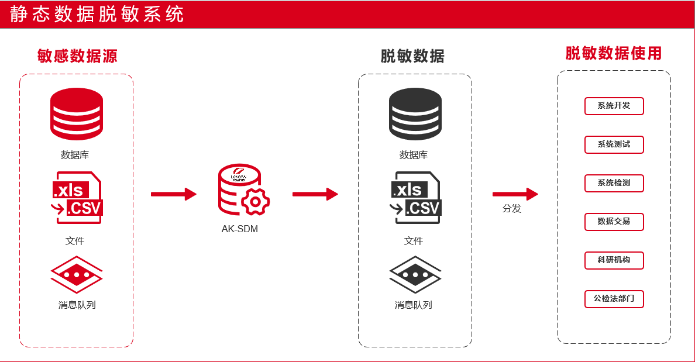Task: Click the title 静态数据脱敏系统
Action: [x=97, y=14]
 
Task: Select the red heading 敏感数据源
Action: [x=77, y=56]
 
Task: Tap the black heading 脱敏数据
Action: [x=412, y=56]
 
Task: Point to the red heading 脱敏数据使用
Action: [x=613, y=54]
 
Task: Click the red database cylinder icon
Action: [x=76, y=114]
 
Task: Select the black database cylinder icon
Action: [x=415, y=114]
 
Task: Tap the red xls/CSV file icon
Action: [x=77, y=198]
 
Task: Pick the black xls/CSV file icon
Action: [x=415, y=198]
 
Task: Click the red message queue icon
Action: [x=76, y=274]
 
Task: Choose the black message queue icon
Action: [x=415, y=274]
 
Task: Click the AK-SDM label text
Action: [x=239, y=229]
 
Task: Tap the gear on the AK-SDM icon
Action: [x=255, y=202]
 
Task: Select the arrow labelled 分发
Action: [x=515, y=194]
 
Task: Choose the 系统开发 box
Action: [x=614, y=106]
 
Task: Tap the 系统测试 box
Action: [x=614, y=144]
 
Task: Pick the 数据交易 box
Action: [x=614, y=222]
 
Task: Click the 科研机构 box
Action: [x=614, y=260]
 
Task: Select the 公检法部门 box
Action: [x=614, y=299]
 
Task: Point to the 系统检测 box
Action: [x=614, y=183]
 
